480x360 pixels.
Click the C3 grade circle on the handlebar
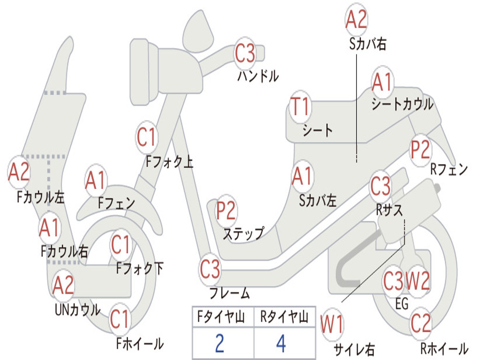245,53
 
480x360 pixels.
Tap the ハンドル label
258,75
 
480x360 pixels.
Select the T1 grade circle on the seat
300,107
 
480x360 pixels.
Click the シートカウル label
402,105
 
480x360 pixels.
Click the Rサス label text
390,210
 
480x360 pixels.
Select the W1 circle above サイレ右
331,324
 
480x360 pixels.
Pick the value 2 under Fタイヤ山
219,344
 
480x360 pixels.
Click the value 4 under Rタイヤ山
281,344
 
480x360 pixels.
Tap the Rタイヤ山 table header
284,318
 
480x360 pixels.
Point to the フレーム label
230,293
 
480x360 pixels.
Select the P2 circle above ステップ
226,211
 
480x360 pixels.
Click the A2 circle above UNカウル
63,285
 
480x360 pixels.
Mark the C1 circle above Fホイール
120,320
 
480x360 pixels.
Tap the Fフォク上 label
169,162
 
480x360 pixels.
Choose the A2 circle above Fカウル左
19,172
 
